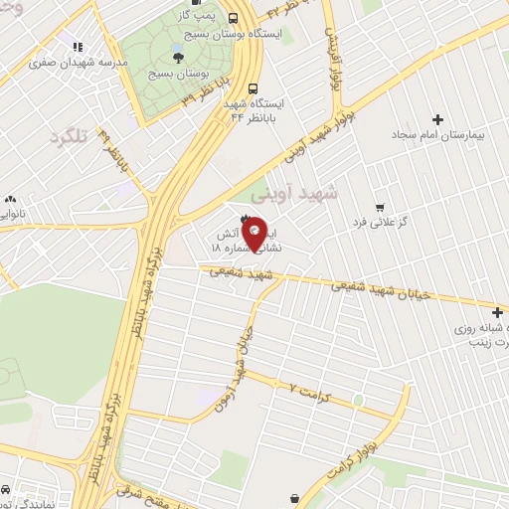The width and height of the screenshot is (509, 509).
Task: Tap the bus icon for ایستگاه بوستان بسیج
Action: click(233, 18)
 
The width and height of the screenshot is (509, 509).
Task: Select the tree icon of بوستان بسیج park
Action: click(178, 58)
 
